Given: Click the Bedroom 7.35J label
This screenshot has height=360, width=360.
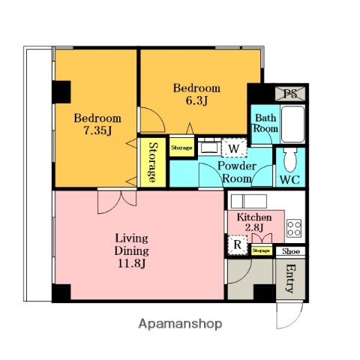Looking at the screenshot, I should click(97, 124).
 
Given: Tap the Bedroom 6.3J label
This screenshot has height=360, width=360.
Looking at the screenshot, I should click(196, 93).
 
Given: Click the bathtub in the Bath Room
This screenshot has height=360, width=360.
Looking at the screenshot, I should click(292, 124).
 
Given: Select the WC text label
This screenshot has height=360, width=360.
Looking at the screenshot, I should click(290, 181).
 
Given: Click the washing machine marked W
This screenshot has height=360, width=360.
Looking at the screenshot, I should click(234, 147).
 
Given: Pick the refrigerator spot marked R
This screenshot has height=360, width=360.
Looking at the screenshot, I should click(238, 244).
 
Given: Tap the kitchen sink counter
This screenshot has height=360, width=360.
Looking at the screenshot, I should click(248, 201).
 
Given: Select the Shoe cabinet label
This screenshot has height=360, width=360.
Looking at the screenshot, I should click(291, 252).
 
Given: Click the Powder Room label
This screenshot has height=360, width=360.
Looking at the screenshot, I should click(238, 172).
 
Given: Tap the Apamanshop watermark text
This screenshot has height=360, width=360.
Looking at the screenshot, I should click(180, 324).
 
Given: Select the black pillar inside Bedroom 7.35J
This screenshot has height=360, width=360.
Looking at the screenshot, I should click(60, 91).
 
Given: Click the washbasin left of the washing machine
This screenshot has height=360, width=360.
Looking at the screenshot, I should click(208, 147).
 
